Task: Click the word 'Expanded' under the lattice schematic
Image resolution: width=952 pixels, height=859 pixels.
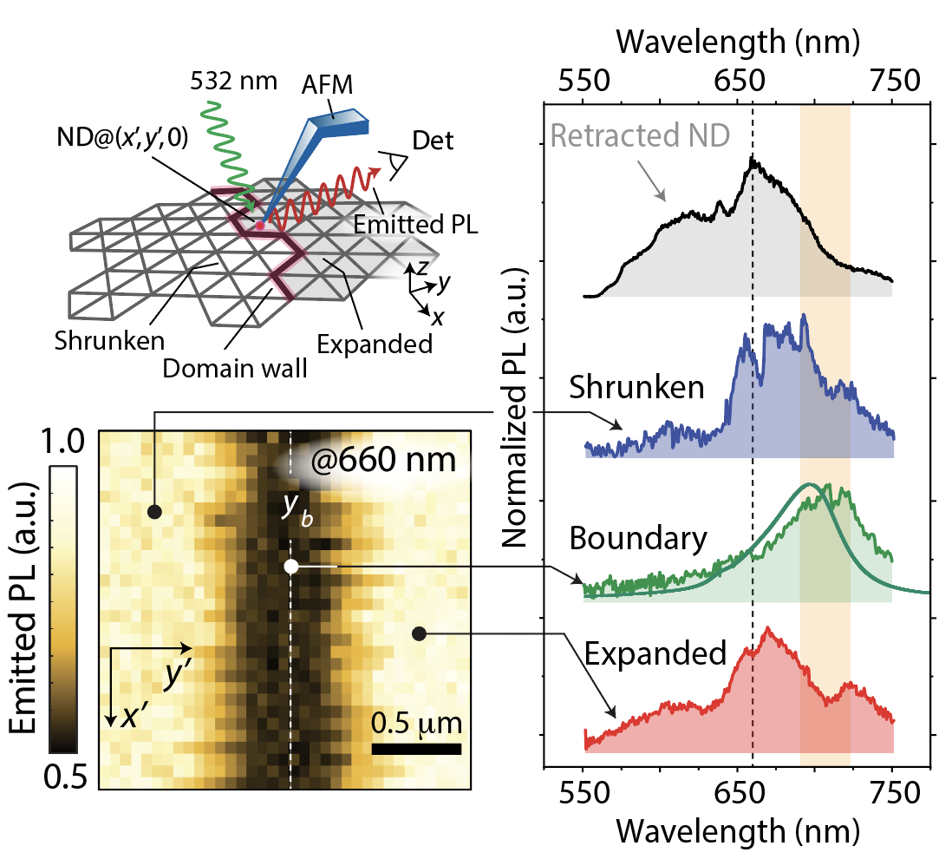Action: click(x=374, y=344)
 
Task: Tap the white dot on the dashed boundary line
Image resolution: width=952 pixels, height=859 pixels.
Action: click(x=291, y=567)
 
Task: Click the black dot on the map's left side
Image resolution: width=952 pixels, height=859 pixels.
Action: click(x=154, y=512)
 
